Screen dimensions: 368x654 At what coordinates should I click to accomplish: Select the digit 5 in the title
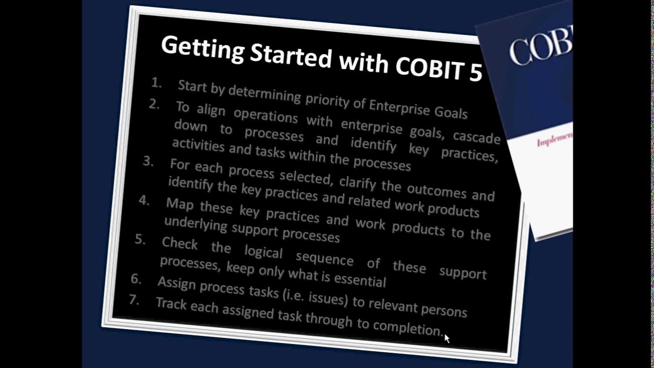[x=475, y=73]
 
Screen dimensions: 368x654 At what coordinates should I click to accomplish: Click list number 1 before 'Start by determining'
[x=156, y=83]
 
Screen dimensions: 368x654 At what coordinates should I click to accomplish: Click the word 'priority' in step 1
[x=327, y=99]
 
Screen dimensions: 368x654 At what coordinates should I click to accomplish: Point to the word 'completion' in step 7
[x=407, y=327]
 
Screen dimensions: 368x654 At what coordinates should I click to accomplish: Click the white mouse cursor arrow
[x=447, y=338]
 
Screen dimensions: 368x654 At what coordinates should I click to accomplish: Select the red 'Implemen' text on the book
[x=554, y=139]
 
